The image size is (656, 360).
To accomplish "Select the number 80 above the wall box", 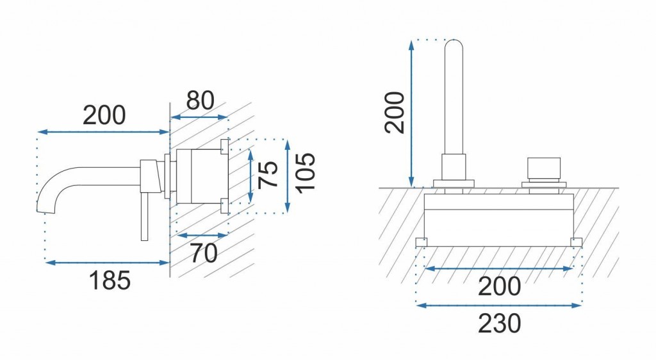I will [x=200, y=101].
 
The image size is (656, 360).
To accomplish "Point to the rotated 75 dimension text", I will [x=268, y=174].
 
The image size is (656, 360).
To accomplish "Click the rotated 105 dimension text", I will [x=305, y=174].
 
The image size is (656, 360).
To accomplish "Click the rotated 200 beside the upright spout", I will [x=395, y=112].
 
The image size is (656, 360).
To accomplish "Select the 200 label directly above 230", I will [x=499, y=286].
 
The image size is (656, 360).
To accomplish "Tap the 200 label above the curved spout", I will [x=104, y=116].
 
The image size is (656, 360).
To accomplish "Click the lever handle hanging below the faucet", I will [x=144, y=218].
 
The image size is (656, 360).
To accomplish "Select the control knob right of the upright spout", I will [x=544, y=169].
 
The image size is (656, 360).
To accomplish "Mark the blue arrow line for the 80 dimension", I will [x=199, y=118].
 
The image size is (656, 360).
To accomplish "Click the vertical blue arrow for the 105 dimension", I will [x=288, y=174].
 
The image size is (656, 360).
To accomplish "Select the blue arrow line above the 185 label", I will [x=105, y=261].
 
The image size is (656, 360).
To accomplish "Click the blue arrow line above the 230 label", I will [x=499, y=306].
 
